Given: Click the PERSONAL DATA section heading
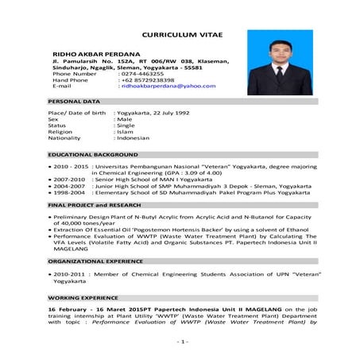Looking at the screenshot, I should pyautogui.click(x=74, y=102).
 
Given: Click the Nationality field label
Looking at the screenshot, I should pyautogui.click(x=65, y=138).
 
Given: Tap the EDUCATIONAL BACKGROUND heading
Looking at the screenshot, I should pyautogui.click(x=93, y=153).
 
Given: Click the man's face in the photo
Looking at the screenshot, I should pyautogui.click(x=281, y=53).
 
